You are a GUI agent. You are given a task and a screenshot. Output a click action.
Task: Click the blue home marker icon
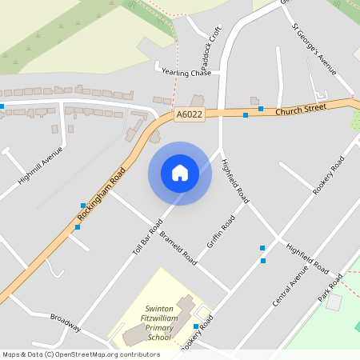pos(180,173)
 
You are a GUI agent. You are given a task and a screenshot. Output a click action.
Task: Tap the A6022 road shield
pos(190,115)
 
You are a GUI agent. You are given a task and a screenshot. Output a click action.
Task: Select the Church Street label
pos(302,109)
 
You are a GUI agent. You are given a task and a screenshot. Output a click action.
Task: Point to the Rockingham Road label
pos(102,196)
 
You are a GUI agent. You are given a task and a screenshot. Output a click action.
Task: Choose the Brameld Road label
pos(178,248)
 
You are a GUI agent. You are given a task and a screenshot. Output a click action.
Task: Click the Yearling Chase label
pos(186,73)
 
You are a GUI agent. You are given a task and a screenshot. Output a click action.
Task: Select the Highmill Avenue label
pos(41,166)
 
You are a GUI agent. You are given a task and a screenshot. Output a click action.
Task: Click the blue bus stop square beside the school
pos(195,326)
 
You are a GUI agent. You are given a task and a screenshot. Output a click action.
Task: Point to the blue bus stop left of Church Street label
pos(245,115)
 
